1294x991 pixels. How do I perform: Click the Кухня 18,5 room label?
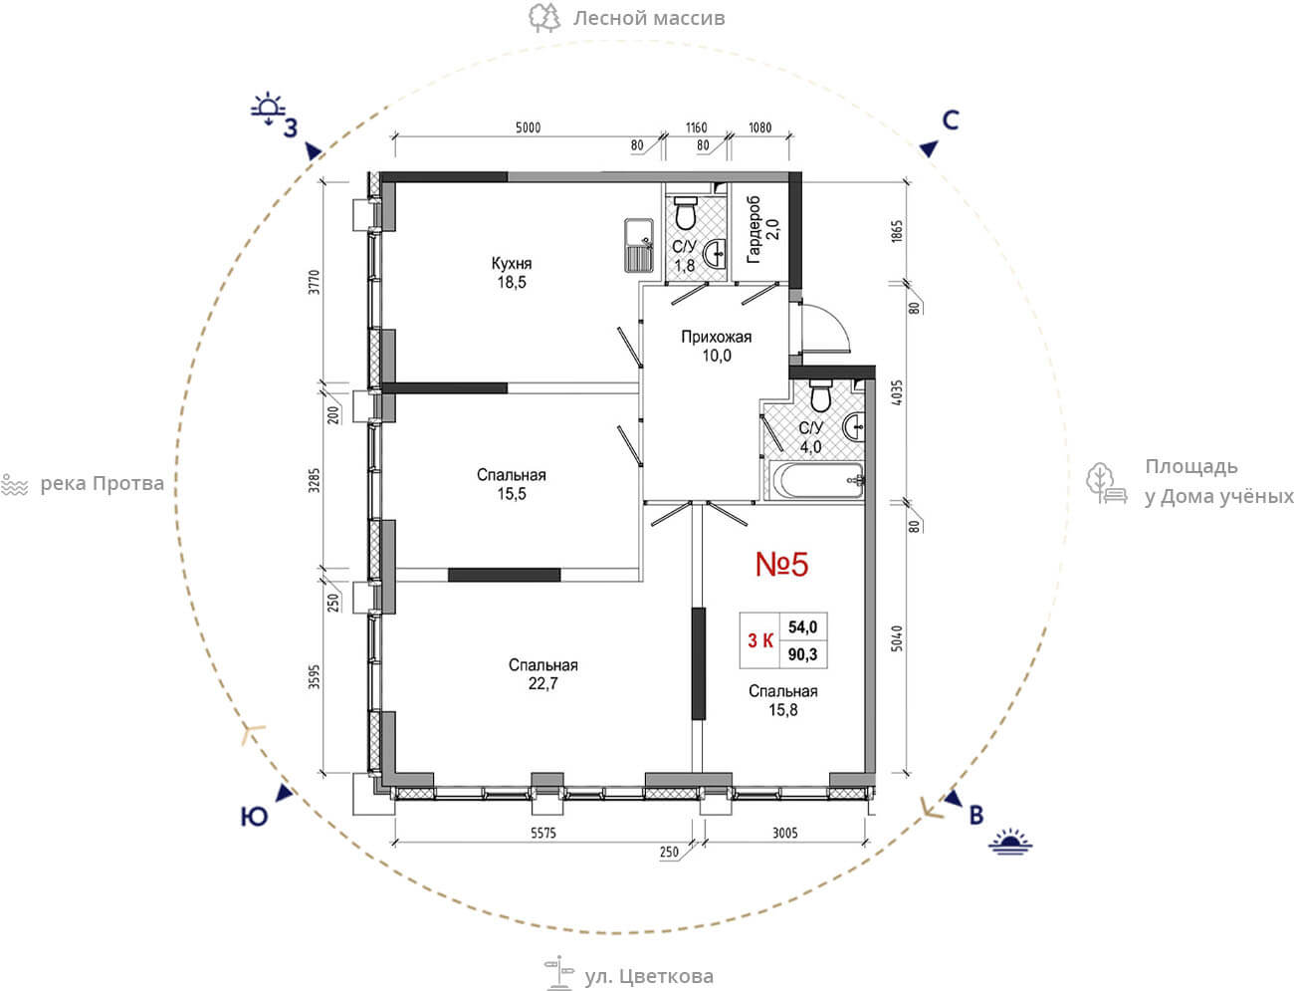coord(511,273)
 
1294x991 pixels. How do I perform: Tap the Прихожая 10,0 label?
coord(717,347)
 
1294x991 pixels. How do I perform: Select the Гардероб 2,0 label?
coord(762,229)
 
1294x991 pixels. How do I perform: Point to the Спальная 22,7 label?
coord(542,674)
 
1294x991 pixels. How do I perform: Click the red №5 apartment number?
coord(781,564)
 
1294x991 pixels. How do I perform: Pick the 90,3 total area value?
coord(803,654)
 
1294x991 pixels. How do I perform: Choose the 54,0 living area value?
coord(803,627)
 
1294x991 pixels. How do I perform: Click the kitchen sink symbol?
coord(639,245)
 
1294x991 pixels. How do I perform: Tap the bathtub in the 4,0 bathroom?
coord(816,481)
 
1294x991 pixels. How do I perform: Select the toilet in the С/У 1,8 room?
coord(686,212)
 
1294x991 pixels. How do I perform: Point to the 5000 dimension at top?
coord(528,127)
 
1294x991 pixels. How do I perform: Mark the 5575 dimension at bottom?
coord(542,833)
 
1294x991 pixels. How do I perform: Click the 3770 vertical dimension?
coord(315,282)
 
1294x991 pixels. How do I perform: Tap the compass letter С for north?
coord(951,121)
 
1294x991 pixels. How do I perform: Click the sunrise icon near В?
coord(1010,842)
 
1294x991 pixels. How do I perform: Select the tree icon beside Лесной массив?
coord(543,18)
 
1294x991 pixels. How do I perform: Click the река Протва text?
coord(102,484)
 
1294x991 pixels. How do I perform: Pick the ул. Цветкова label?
coord(649,976)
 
